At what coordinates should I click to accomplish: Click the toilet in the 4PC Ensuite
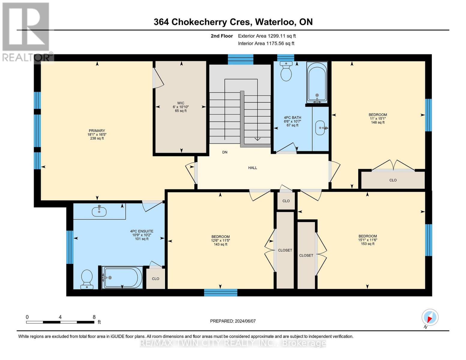87,278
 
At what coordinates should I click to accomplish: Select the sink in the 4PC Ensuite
99,211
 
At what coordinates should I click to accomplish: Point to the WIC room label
181,103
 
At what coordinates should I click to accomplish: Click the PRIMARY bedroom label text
97,131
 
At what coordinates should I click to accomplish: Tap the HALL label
252,168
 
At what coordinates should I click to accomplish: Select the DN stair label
225,152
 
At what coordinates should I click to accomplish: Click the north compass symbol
430,317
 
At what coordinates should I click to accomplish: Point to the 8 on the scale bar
94,317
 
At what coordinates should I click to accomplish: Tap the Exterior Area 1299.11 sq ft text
267,36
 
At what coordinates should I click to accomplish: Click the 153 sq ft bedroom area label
367,244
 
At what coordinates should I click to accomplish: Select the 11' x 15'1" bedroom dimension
377,118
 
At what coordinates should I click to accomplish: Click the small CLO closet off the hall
286,201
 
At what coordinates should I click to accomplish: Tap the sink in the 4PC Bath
320,128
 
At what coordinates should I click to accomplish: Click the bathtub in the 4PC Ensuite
122,278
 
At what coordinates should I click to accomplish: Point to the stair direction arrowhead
257,139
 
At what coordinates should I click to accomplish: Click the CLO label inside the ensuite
155,279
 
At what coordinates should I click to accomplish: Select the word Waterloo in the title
275,22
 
